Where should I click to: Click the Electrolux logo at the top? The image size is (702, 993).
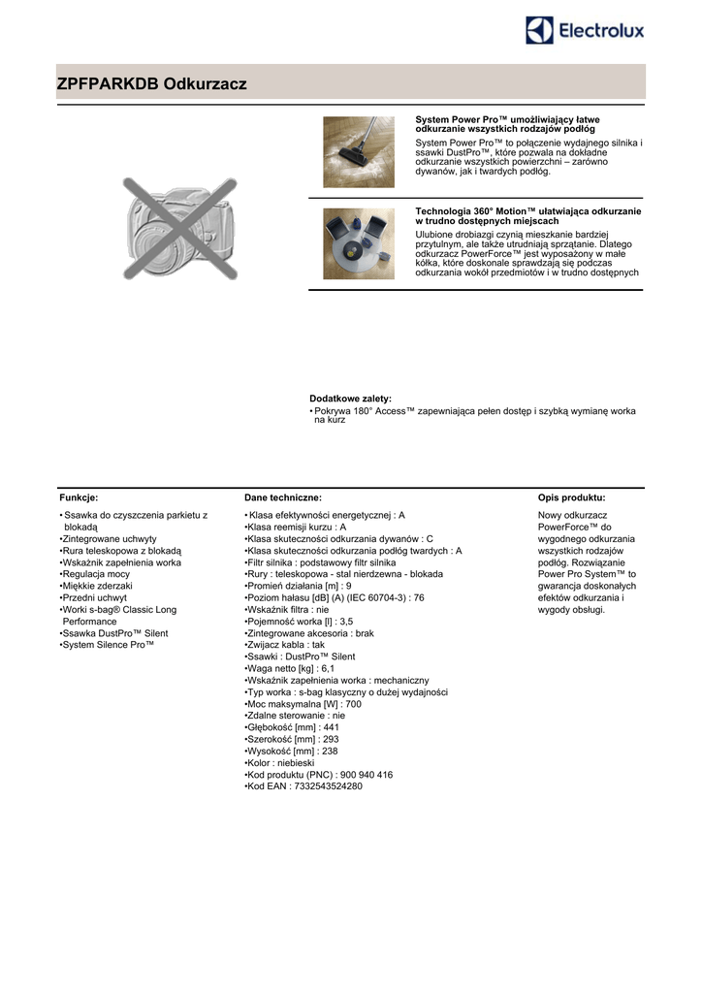pyautogui.click(x=585, y=31)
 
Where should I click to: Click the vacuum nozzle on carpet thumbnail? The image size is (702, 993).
pyautogui.click(x=359, y=151)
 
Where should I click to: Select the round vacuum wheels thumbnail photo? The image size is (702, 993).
pyautogui.click(x=359, y=243)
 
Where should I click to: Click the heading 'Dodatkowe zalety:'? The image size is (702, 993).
pyautogui.click(x=350, y=399)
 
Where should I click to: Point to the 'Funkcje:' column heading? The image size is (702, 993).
pyautogui.click(x=79, y=496)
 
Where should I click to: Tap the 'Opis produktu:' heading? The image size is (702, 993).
pyautogui.click(x=571, y=496)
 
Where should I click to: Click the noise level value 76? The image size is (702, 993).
pyautogui.click(x=419, y=597)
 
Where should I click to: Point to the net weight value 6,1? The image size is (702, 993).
pyautogui.click(x=327, y=668)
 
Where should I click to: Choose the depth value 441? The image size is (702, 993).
pyautogui.click(x=331, y=726)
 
